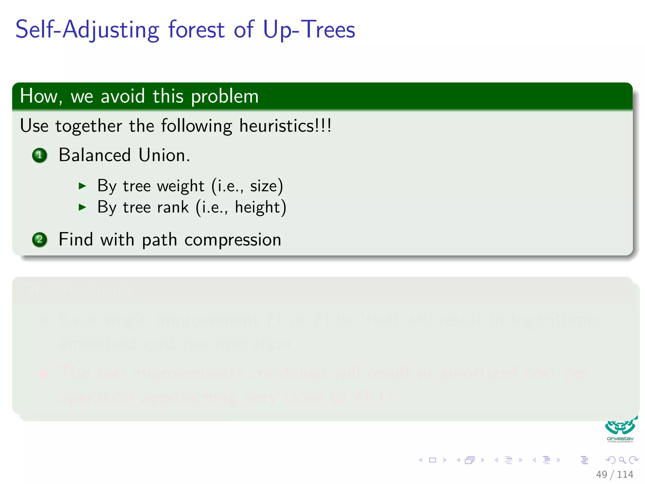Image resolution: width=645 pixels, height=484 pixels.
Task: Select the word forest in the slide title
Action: [x=197, y=29]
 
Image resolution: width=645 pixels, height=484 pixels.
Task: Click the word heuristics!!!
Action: [x=285, y=126]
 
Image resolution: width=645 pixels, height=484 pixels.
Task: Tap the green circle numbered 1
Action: [x=40, y=155]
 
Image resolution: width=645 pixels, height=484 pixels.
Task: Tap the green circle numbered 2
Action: [x=40, y=239]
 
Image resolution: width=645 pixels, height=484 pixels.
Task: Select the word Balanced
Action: [x=94, y=155]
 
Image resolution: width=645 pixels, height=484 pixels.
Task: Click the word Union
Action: [x=164, y=155]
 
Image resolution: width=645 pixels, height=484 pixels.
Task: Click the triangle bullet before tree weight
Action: [x=82, y=186]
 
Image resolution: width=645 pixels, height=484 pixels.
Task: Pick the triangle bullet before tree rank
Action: [x=82, y=207]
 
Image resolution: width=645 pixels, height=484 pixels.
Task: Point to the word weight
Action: [x=180, y=186]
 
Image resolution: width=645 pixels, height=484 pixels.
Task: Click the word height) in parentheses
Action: [x=260, y=207]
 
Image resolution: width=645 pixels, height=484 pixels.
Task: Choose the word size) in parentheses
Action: [x=266, y=186]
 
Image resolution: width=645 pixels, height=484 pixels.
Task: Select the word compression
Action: [x=233, y=239]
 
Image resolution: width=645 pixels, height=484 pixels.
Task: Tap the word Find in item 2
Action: [x=76, y=239]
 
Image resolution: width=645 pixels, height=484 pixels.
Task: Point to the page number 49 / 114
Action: [x=614, y=474]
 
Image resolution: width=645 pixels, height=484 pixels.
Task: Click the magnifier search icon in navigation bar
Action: [x=622, y=460]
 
